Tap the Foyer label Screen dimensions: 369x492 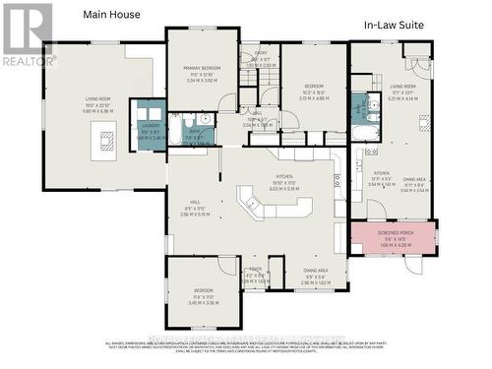[255, 269]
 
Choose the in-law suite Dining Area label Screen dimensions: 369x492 [414, 180]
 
